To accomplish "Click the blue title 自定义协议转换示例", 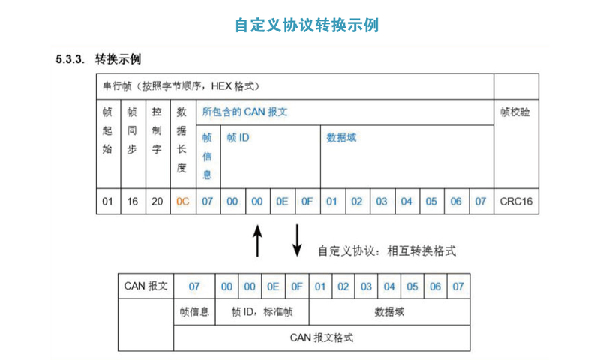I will point(307,25).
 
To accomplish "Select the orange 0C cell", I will point(181,202).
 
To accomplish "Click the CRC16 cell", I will point(515,202).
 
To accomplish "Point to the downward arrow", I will point(296,239).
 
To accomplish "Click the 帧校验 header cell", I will point(514,112).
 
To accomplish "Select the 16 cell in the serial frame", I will point(132,202).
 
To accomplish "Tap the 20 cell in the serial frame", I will point(157,202).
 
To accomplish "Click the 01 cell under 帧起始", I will point(107,202).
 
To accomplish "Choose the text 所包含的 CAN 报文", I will point(245,111).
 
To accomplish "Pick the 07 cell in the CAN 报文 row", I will point(194,286).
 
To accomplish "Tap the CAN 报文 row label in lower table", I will point(145,286).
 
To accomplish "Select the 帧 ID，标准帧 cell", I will point(262,311).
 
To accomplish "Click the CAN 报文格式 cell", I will point(322,337).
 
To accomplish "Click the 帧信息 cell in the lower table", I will point(194,311).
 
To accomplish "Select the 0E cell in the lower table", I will point(273,286).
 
